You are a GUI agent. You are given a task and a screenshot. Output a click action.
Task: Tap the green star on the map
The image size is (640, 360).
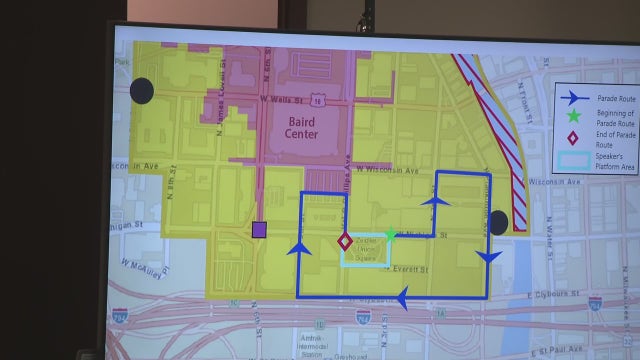tap(390, 234)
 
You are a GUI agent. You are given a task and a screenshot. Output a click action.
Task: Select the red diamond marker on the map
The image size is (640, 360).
tap(345, 241)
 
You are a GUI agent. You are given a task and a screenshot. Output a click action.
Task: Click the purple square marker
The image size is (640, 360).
tap(260, 229)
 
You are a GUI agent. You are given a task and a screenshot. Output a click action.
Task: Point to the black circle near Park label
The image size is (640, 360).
tap(142, 91)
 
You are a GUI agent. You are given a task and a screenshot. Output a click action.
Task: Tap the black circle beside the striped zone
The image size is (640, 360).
tap(496, 223)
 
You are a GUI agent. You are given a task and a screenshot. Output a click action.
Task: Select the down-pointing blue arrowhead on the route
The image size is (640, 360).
tap(488, 256)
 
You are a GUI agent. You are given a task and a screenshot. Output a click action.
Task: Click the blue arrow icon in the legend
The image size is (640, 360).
tap(573, 99)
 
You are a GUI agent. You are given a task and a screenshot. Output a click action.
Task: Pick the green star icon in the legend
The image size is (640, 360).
tap(573, 119)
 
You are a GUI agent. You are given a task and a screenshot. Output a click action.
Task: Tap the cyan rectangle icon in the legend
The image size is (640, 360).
tap(573, 160)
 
